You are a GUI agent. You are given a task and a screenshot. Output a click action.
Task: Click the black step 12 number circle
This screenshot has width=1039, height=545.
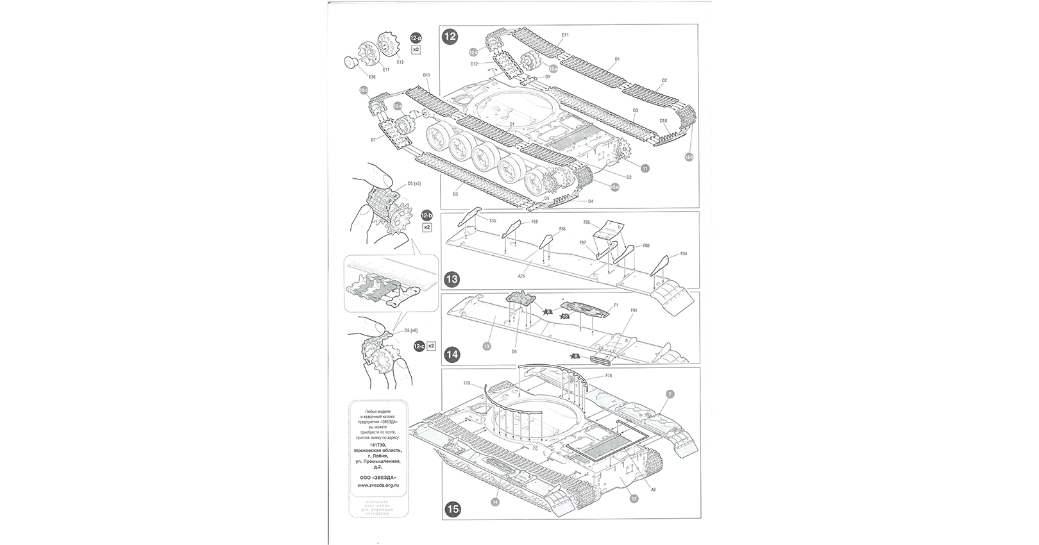click(450, 37)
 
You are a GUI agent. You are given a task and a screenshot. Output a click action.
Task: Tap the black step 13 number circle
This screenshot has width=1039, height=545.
click(452, 279)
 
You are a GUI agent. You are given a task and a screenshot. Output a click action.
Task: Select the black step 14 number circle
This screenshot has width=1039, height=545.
click(452, 354)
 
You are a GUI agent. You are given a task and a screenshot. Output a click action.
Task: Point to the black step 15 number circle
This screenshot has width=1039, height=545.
click(453, 510)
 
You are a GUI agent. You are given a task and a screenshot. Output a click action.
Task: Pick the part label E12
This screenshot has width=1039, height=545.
click(400, 62)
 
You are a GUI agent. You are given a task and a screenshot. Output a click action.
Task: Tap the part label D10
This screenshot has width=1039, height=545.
click(663, 121)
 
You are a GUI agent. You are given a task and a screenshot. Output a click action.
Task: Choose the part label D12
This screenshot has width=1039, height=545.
click(474, 63)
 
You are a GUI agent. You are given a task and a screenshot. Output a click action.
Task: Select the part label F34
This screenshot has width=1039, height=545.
click(684, 254)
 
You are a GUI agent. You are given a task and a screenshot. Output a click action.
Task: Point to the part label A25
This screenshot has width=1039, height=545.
click(521, 276)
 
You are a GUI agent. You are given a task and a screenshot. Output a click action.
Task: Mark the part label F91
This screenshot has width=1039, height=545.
click(633, 310)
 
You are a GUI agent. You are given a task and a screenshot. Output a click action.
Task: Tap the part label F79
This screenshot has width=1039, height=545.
click(467, 383)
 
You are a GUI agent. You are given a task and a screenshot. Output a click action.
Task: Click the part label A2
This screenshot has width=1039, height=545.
click(654, 489)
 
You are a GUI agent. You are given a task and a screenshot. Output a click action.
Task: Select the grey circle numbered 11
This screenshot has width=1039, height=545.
click(645, 168)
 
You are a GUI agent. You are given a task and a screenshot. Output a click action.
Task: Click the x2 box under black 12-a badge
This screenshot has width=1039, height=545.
click(416, 49)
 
